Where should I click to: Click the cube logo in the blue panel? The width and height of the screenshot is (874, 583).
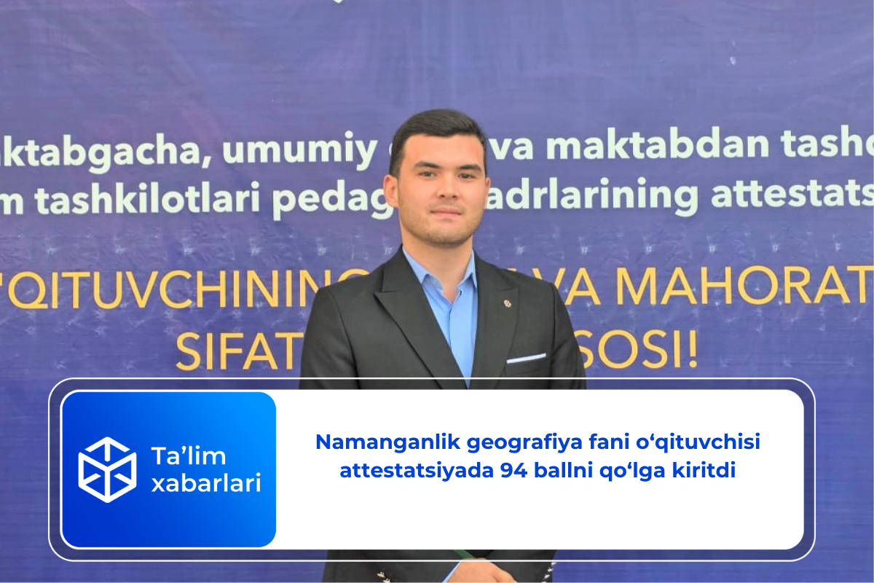click(107, 469)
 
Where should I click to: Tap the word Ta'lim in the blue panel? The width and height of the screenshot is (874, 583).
click(188, 457)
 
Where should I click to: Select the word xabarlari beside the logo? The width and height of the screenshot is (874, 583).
click(205, 483)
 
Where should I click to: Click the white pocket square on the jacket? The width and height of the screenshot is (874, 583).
click(526, 358)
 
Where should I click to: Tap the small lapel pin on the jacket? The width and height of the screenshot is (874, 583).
click(508, 302)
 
